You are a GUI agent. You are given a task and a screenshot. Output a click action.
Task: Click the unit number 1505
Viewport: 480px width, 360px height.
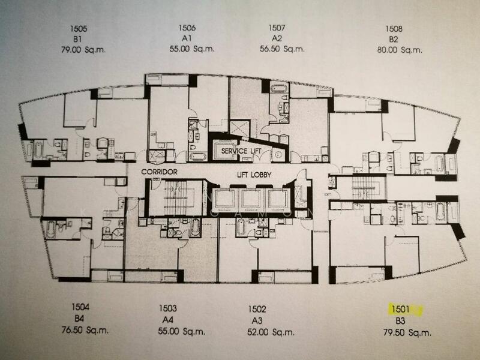79,28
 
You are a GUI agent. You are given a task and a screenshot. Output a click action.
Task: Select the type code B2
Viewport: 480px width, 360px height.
394,40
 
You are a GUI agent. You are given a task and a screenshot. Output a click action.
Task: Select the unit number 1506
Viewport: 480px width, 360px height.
188,28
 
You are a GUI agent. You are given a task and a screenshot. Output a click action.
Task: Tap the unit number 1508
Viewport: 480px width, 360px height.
395,28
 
